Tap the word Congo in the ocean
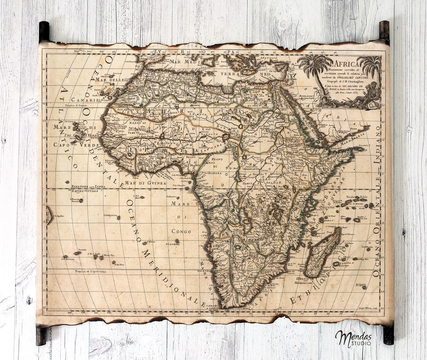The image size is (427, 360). coord(181,231)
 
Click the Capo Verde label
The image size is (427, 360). coord(76,145)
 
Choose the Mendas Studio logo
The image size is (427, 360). coord(353,338)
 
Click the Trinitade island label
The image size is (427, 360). coord(82,249)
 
